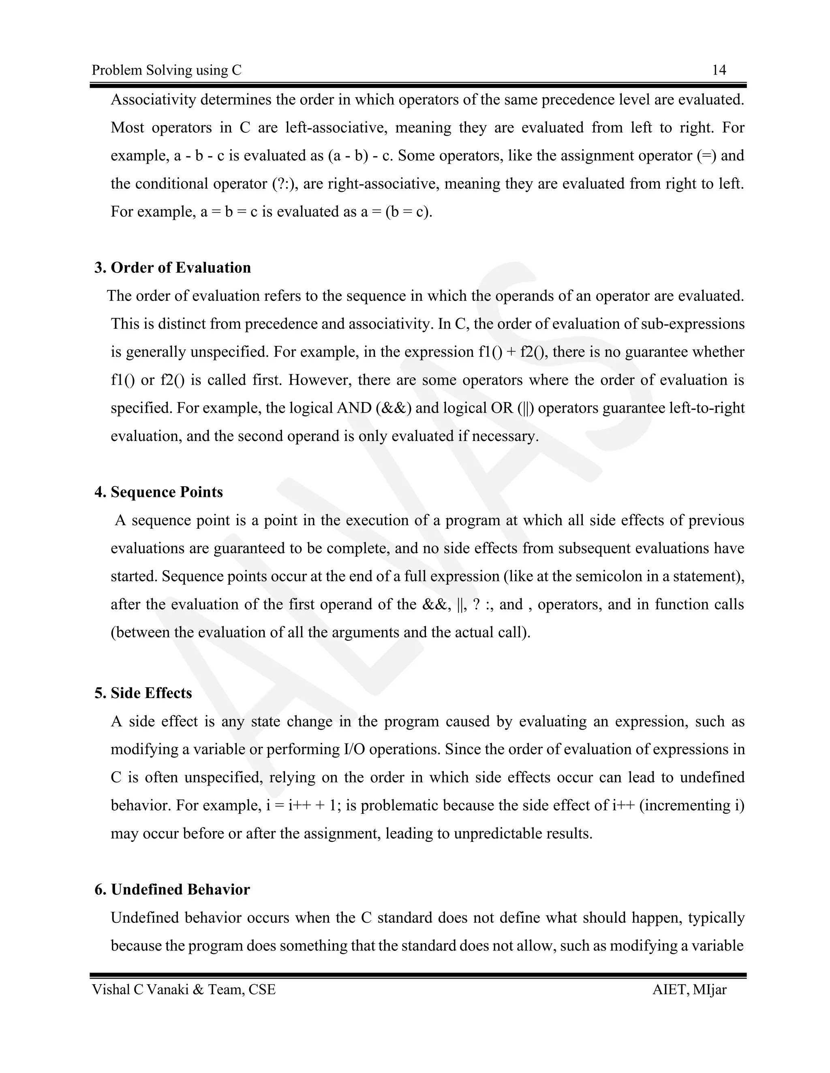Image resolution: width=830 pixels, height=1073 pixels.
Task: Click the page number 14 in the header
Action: (719, 70)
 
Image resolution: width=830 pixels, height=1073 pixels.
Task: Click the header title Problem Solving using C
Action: (167, 70)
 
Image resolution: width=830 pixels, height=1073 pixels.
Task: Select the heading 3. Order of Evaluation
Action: (173, 268)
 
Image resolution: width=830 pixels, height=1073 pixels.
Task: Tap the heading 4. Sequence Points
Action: (159, 492)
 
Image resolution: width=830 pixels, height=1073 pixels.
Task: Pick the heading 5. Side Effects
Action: (143, 693)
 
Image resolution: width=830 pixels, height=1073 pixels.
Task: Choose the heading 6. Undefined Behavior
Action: (172, 890)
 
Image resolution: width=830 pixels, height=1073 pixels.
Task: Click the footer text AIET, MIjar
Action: (689, 990)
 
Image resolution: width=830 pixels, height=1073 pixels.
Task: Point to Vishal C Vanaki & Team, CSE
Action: (184, 990)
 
